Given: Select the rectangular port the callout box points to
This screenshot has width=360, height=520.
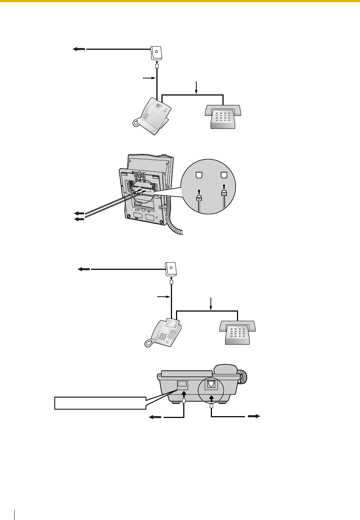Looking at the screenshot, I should (x=183, y=384).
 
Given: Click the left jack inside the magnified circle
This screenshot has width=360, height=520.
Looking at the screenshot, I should (x=199, y=175).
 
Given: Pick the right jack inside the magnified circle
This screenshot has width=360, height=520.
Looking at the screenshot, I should (x=224, y=175).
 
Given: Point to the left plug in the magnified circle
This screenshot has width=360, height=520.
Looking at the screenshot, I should (x=199, y=199).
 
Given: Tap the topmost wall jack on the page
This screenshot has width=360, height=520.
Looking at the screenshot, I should (x=156, y=53).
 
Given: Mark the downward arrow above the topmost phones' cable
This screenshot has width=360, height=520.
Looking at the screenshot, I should (x=196, y=87).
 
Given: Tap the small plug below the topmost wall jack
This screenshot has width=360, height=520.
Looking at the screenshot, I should (x=157, y=66).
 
